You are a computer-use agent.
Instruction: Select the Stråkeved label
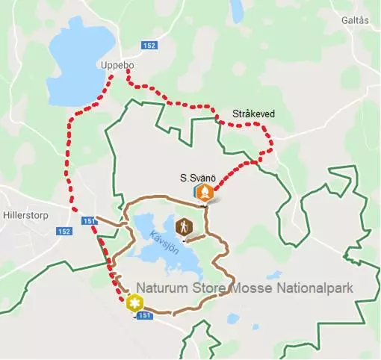tap(253, 114)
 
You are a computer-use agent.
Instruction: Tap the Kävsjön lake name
tap(166, 244)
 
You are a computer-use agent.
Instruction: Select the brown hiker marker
tap(183, 226)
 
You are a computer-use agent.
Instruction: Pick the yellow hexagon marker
tap(134, 303)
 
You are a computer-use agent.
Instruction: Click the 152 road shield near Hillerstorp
tap(64, 232)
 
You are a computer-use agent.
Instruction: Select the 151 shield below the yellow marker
tap(146, 316)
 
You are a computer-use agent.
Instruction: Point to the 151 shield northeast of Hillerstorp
tap(89, 221)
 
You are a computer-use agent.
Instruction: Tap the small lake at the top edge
tap(237, 10)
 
